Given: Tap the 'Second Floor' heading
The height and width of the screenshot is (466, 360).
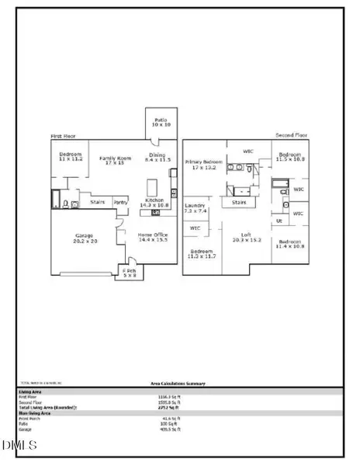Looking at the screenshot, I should [x=292, y=135].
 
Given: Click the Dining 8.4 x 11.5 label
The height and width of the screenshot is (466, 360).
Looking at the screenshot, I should [x=157, y=158].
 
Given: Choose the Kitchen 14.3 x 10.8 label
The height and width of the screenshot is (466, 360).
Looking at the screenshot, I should [x=154, y=203].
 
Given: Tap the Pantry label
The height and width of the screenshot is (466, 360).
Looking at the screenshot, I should [x=120, y=202].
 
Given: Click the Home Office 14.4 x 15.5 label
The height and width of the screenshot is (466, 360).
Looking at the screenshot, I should [x=153, y=237].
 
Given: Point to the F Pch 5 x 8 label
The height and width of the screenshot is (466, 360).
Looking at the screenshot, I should [x=129, y=273].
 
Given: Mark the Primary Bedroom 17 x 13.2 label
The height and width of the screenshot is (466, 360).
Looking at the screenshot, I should [x=202, y=165].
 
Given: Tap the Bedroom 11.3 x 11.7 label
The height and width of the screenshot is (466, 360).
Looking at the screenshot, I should [x=202, y=255].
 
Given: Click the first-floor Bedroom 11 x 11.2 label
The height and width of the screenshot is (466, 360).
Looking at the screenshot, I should [x=71, y=158].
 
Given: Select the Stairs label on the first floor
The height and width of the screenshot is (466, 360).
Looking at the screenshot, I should [x=98, y=201].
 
